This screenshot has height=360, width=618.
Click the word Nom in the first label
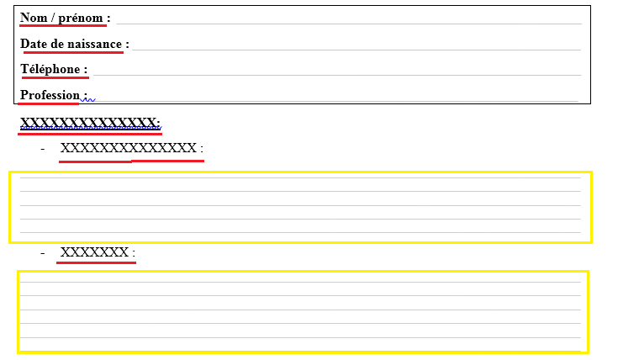pyautogui.click(x=34, y=18)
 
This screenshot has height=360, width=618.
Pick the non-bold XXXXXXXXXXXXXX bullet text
pyautogui.click(x=129, y=149)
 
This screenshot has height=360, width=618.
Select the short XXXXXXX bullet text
pyautogui.click(x=95, y=252)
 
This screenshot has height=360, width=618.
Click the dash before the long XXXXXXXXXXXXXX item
pyautogui.click(x=43, y=149)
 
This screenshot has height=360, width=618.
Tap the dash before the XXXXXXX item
pyautogui.click(x=43, y=252)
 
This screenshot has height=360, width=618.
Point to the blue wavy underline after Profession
pyautogui.click(x=89, y=99)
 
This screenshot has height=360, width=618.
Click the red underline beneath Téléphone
pyautogui.click(x=55, y=77)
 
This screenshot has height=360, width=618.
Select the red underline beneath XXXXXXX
pyautogui.click(x=96, y=262)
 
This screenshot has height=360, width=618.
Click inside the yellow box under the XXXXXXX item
pyautogui.click(x=303, y=311)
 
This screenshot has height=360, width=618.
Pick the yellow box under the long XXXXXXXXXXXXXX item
pyautogui.click(x=300, y=207)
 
